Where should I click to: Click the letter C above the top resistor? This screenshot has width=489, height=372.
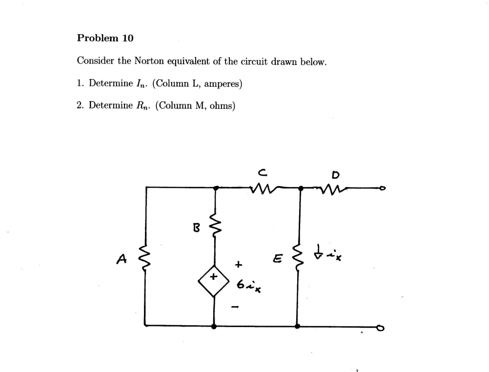[x=262, y=171]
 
